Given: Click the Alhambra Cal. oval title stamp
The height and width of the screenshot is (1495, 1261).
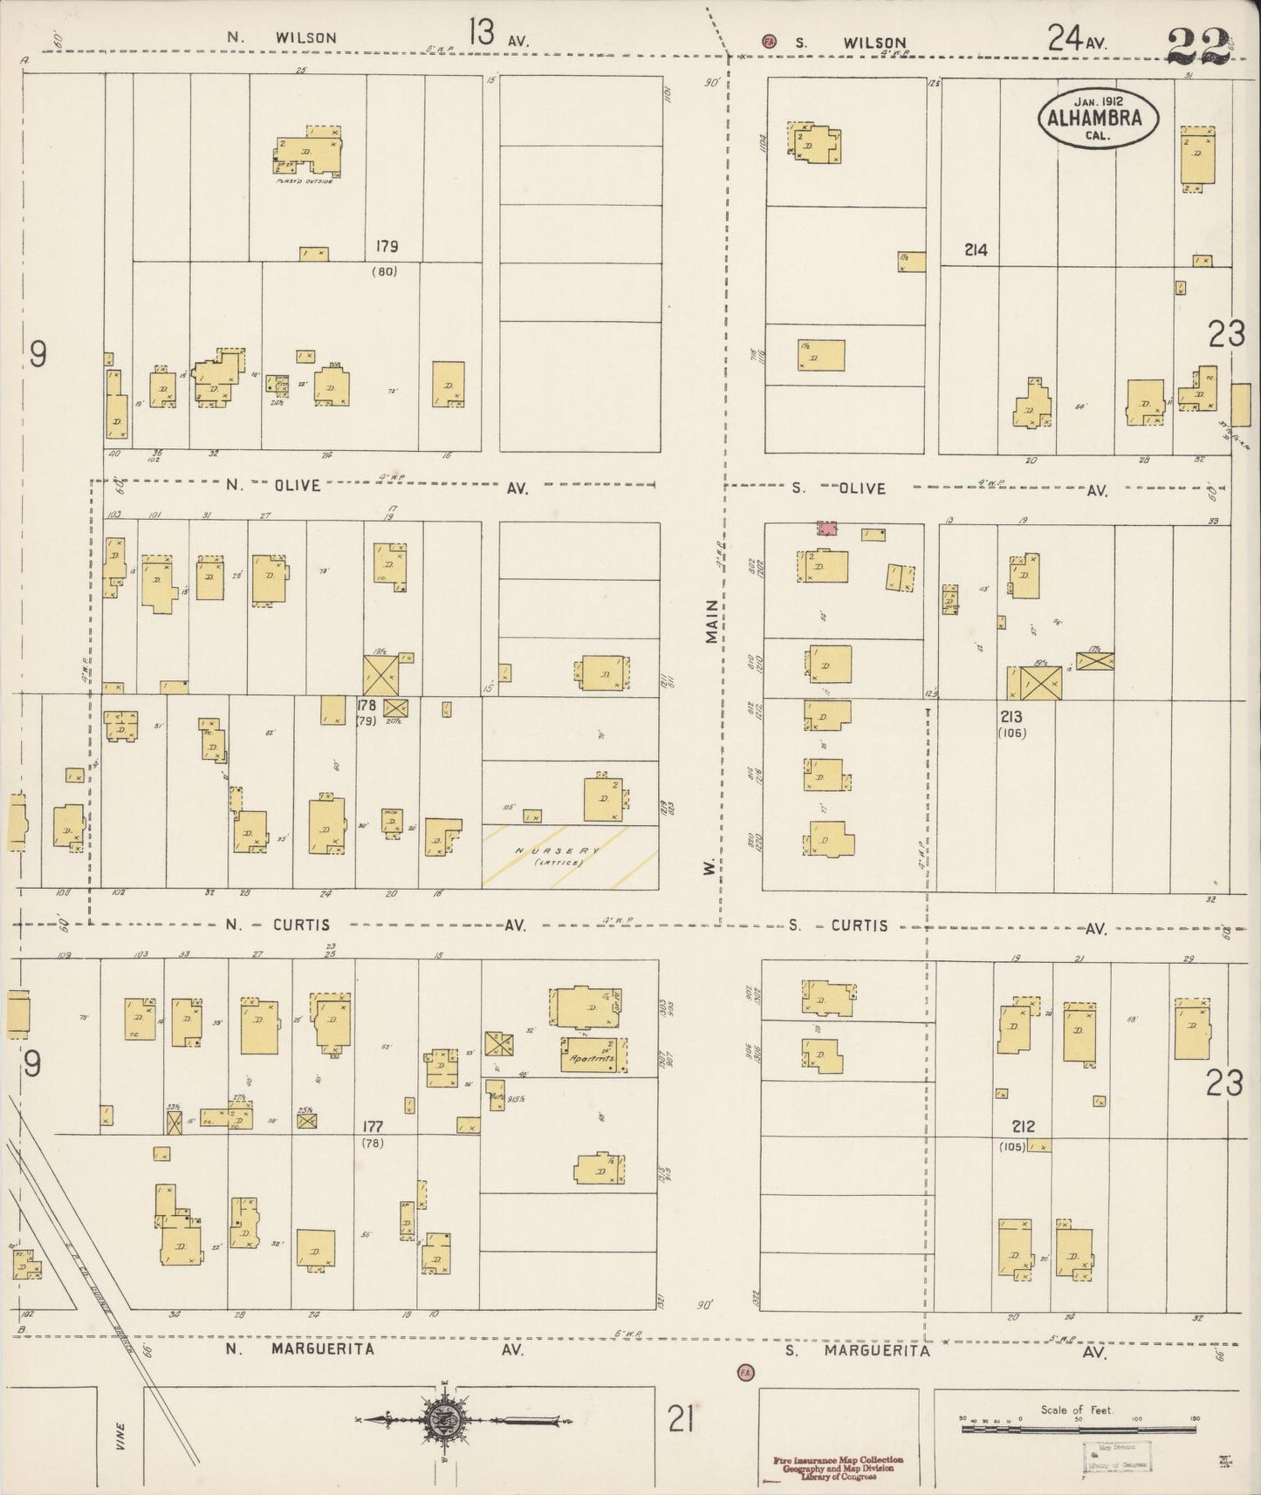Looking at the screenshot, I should (x=1098, y=117).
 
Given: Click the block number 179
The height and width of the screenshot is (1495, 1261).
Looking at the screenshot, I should (x=387, y=246).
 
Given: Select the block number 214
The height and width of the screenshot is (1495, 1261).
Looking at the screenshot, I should (x=976, y=249).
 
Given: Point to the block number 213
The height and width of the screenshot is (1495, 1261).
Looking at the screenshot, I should (x=1011, y=717).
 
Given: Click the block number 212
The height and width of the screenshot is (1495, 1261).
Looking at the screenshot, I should (x=1023, y=1126).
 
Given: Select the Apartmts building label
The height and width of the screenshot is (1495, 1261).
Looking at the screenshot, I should (x=591, y=1058).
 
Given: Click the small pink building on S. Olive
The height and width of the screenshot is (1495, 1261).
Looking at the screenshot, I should (x=826, y=528).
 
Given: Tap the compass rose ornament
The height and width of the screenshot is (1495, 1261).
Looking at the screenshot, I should (x=444, y=1420).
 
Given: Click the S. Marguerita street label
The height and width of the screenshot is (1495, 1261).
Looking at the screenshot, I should (x=857, y=1351).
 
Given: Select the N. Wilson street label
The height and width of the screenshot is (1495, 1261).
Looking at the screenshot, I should (x=281, y=38).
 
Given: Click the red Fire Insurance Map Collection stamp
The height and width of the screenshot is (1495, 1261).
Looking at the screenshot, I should (x=837, y=1468).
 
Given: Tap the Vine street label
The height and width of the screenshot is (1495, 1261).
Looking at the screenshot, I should (x=120, y=1437).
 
